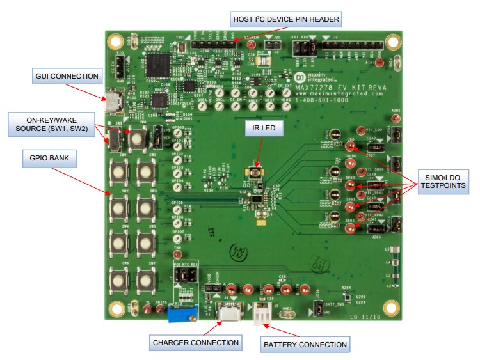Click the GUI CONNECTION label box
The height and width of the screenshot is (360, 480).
[67, 77]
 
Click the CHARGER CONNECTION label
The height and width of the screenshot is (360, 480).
[196, 343]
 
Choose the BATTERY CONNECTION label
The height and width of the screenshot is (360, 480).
[305, 345]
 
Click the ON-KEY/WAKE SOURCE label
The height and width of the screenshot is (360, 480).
[49, 123]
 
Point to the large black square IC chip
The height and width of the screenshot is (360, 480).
[157, 65]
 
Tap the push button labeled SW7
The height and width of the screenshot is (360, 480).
[145, 279]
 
